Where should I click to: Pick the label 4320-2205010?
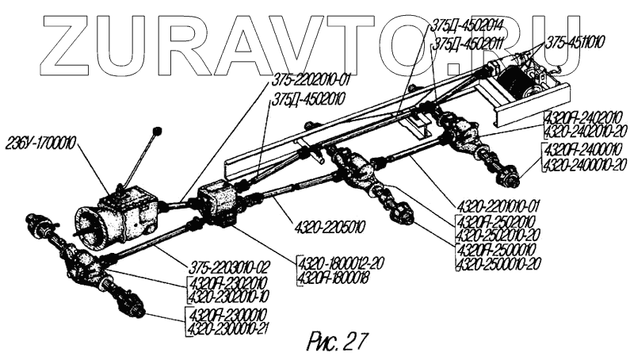[324, 225]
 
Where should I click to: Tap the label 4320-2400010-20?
[585, 163]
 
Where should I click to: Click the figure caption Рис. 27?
[336, 341]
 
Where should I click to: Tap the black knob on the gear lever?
[157, 130]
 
